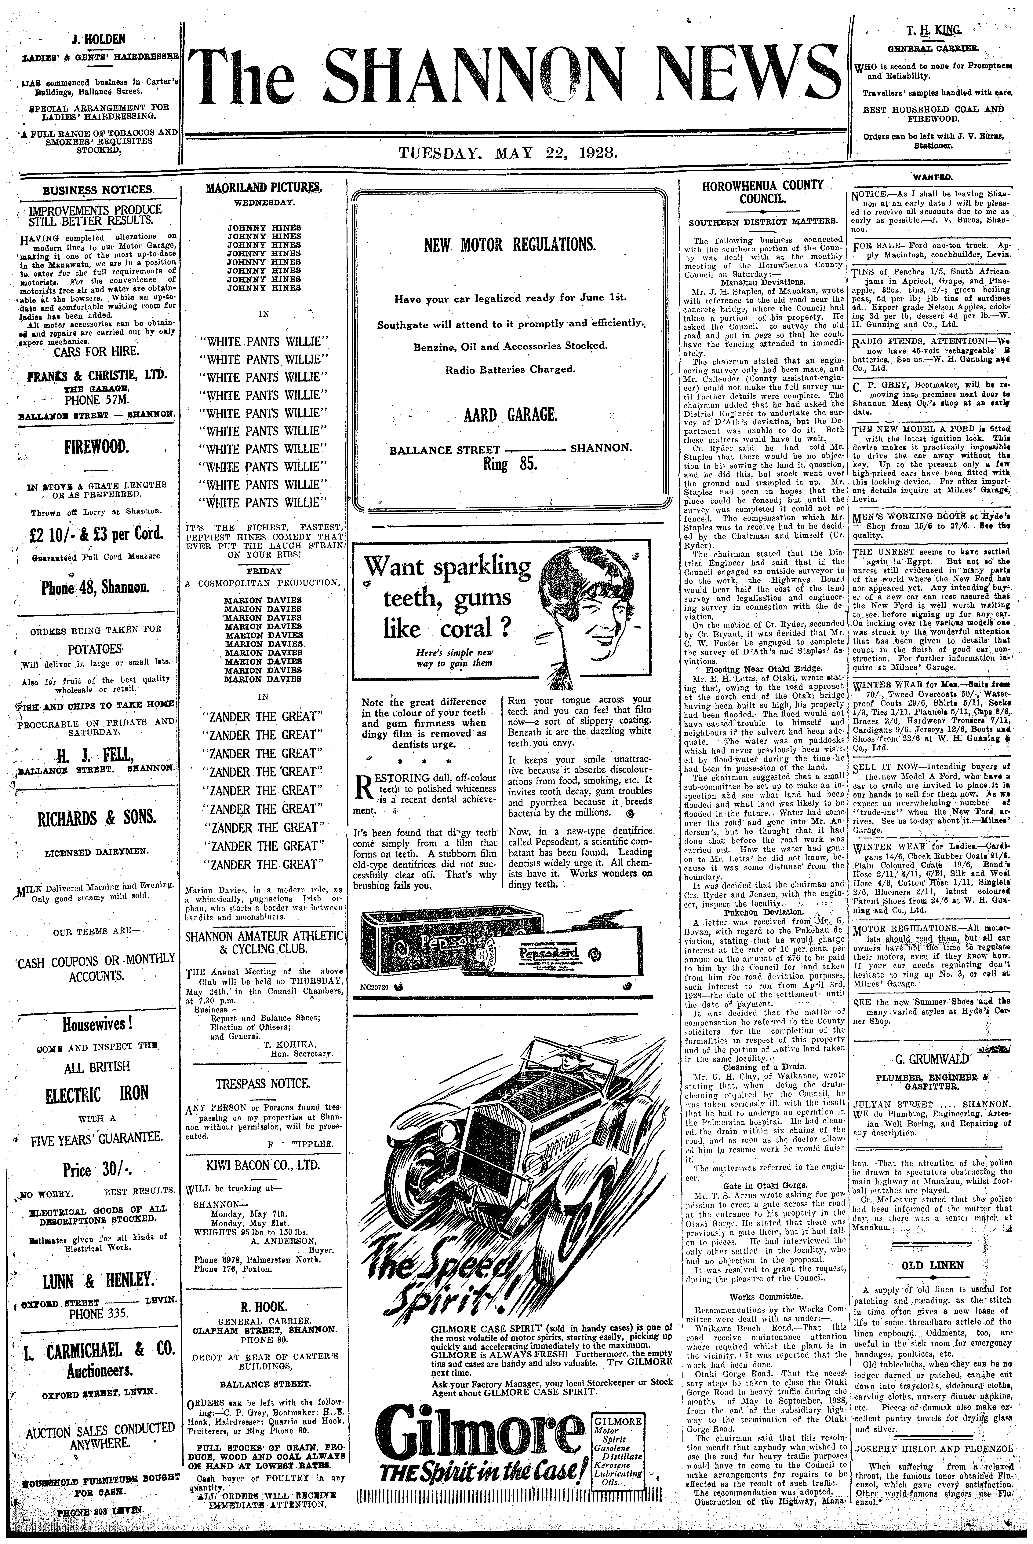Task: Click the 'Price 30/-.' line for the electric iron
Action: click(x=96, y=1170)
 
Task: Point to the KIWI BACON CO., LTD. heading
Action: click(x=264, y=1165)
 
